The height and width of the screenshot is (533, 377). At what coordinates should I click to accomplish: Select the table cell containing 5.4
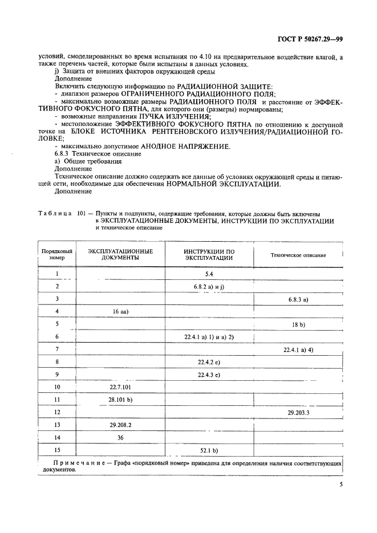pyautogui.click(x=209, y=274)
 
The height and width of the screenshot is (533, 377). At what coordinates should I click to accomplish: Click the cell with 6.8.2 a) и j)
pyautogui.click(x=209, y=286)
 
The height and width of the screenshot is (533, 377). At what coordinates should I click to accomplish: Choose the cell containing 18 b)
pyautogui.click(x=298, y=324)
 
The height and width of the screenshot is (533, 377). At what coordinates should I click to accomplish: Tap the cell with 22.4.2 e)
pyautogui.click(x=209, y=361)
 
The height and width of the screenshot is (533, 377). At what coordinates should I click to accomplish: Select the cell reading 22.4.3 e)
pyautogui.click(x=209, y=374)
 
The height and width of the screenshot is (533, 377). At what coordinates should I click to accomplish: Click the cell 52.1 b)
pyautogui.click(x=209, y=450)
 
